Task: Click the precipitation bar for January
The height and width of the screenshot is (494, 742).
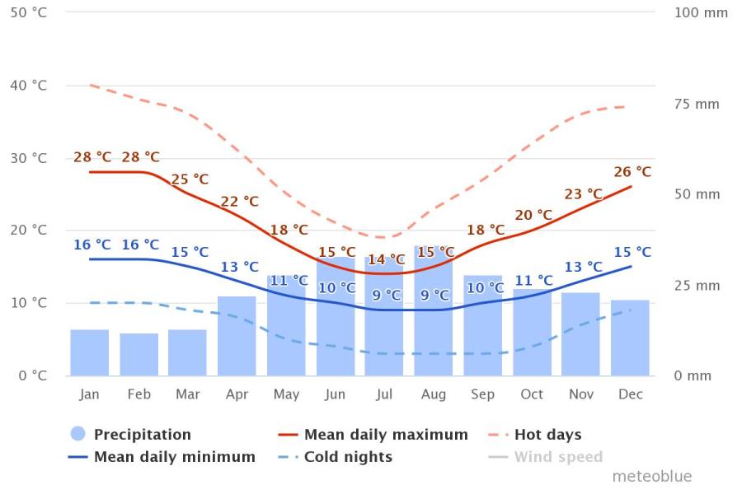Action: (89, 352)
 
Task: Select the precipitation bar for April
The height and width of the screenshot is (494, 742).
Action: (237, 336)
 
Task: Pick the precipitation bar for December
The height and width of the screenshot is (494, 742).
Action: (630, 338)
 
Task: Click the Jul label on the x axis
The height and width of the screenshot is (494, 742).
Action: (384, 394)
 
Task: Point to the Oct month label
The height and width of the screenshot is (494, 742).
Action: (532, 394)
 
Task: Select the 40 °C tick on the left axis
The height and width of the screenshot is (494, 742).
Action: (28, 86)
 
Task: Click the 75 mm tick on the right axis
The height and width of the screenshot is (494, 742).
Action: (697, 104)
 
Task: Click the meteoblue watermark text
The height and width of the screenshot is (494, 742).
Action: (651, 476)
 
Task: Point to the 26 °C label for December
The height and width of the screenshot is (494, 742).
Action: (632, 172)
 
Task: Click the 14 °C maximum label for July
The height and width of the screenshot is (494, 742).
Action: (386, 260)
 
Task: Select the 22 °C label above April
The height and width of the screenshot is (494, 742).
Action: (239, 202)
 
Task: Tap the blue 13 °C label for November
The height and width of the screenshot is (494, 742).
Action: (584, 267)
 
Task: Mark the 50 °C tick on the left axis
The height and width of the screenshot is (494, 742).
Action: (28, 13)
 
